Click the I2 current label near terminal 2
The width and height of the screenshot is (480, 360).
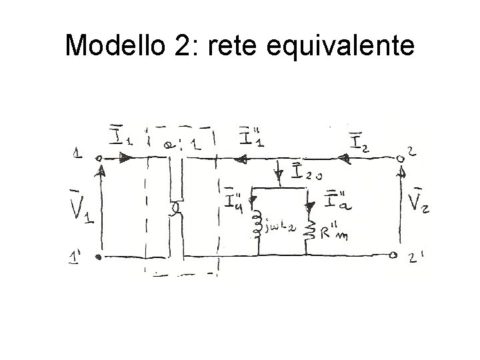[359, 142]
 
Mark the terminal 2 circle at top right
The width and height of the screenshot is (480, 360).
[401, 159]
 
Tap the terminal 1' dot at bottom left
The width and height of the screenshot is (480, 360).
[98, 255]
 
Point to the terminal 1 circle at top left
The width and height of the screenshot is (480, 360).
[99, 159]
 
